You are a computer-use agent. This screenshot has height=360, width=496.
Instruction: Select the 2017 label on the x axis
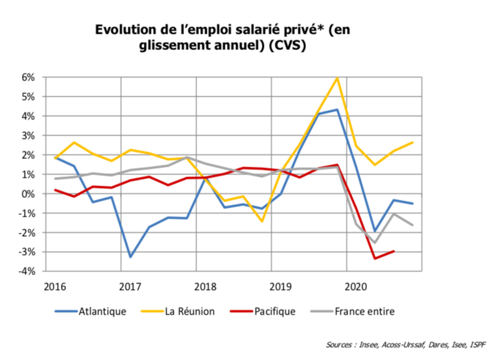click(130, 286)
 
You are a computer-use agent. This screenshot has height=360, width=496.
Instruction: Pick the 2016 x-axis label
click(56, 286)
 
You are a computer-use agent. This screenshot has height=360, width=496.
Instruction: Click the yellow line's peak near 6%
click(337, 78)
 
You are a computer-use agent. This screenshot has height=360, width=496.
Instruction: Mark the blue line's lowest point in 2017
click(130, 257)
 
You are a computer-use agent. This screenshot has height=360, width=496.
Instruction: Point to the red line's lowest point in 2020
click(374, 258)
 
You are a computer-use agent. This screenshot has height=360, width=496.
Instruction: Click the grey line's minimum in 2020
click(374, 243)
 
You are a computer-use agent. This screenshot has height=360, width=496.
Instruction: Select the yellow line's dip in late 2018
click(262, 221)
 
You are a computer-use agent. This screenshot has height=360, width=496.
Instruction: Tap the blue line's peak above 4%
click(337, 110)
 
